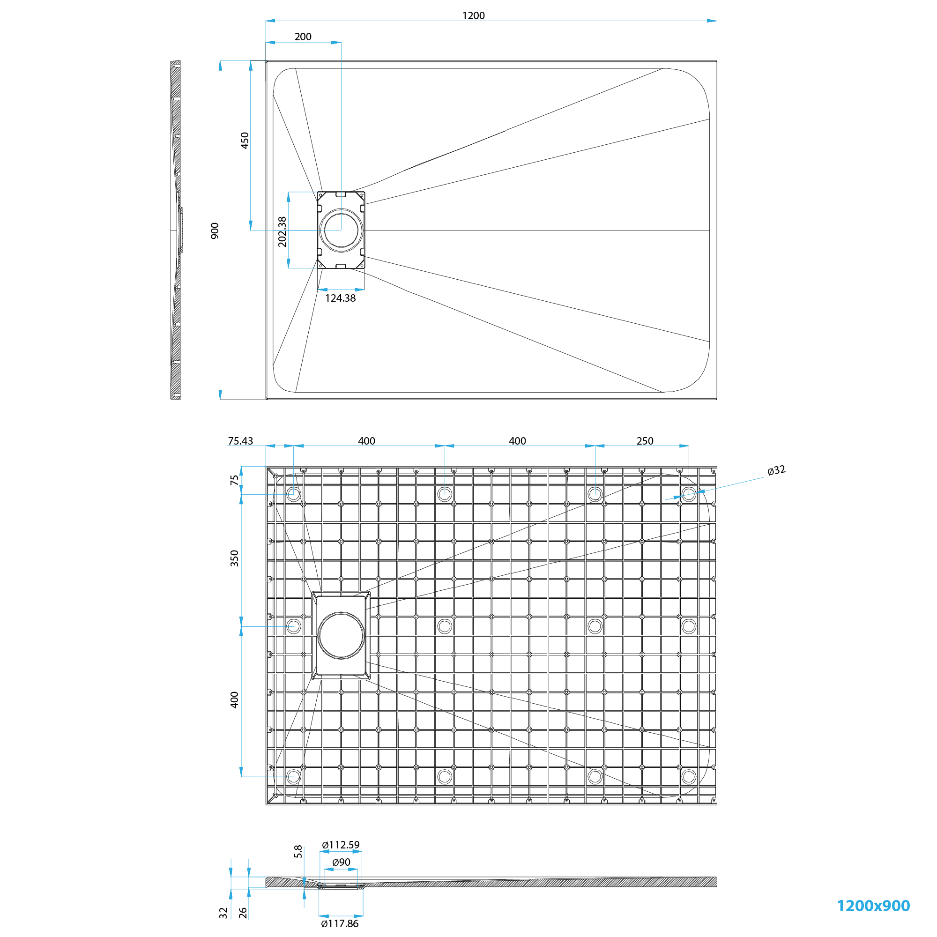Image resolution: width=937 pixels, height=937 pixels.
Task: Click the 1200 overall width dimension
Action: [x=473, y=15]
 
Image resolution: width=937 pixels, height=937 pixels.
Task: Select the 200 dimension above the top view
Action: [x=303, y=37]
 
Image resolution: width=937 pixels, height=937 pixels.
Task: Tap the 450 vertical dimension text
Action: [x=245, y=140]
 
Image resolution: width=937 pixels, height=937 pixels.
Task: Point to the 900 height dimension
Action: [x=215, y=231]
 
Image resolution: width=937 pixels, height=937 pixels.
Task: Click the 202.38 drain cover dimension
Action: [x=282, y=232]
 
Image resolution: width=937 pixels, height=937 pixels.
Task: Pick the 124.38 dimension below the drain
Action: [x=340, y=298]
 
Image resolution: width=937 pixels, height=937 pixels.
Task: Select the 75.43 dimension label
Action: [x=240, y=441]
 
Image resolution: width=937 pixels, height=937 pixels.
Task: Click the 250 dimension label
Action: [x=645, y=441]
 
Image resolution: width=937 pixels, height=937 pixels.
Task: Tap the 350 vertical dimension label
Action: [x=235, y=558]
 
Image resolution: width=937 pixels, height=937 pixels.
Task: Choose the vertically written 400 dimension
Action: [x=235, y=700]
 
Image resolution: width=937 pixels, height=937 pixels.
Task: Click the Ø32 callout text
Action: [x=776, y=470]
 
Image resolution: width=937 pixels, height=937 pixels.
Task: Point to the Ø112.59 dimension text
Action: [x=341, y=845]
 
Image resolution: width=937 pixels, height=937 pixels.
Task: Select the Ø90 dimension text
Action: [x=341, y=862]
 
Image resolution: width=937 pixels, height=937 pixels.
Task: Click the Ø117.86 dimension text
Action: [x=340, y=923]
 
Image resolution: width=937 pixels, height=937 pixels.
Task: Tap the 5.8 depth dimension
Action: [x=298, y=851]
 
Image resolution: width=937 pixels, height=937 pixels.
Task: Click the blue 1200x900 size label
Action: [x=873, y=906]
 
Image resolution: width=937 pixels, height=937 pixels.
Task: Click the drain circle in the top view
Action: [x=341, y=231]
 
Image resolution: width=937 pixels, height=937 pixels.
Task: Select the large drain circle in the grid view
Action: [x=341, y=635]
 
